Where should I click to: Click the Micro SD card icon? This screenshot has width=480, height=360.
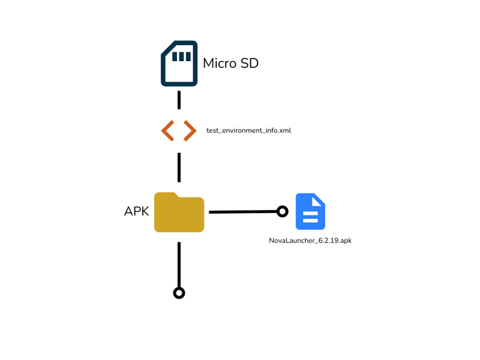click(179, 64)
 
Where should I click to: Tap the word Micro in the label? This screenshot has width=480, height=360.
click(220, 64)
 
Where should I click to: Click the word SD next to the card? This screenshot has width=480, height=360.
click(250, 64)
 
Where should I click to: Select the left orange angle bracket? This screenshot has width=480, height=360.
click(168, 131)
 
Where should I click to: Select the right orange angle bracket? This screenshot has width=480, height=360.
click(190, 131)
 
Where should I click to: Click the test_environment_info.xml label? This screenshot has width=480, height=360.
click(248, 131)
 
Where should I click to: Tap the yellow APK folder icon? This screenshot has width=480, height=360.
click(179, 212)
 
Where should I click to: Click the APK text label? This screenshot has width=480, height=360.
click(137, 211)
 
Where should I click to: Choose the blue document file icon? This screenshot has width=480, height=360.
click(310, 211)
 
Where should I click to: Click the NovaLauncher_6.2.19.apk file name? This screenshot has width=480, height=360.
click(310, 241)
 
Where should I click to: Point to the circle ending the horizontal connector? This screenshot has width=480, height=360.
click(282, 211)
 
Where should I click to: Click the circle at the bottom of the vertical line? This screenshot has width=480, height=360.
click(179, 293)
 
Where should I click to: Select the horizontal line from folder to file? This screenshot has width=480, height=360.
click(243, 212)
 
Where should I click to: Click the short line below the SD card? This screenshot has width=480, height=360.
click(179, 100)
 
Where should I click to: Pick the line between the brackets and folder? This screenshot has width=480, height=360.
click(179, 167)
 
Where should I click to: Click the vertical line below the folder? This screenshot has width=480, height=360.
click(179, 265)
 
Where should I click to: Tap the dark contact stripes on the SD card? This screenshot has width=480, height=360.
click(182, 56)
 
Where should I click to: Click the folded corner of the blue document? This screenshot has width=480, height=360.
click(318, 200)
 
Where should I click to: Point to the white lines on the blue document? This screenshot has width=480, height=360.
click(310, 217)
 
